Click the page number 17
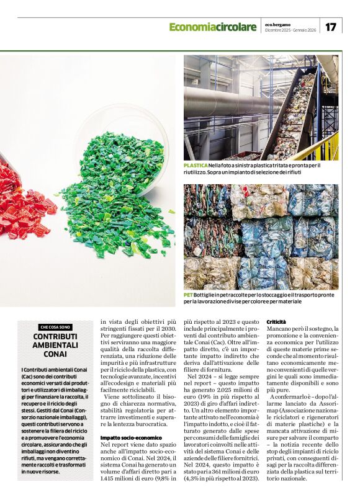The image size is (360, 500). (331, 27)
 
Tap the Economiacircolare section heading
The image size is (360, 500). (212, 27)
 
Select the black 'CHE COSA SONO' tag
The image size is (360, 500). (55, 327)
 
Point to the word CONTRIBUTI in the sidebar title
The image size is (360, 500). (55, 336)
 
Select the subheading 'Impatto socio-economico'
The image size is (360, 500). (131, 438)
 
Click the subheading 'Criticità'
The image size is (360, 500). (276, 322)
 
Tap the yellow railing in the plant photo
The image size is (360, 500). (326, 149)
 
